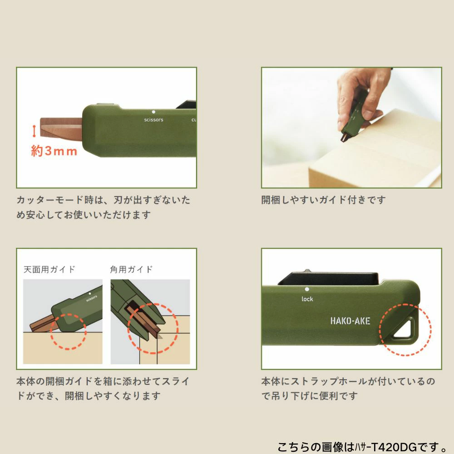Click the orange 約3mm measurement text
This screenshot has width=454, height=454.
pyautogui.click(x=54, y=151)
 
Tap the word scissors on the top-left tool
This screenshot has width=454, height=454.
pyautogui.click(x=153, y=119)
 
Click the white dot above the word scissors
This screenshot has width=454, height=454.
pyautogui.click(x=153, y=112)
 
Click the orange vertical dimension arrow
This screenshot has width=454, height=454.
pyautogui.click(x=34, y=131)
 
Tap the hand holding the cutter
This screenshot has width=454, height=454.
pyautogui.click(x=362, y=95)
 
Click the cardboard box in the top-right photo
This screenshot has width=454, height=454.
pyautogui.click(x=376, y=151)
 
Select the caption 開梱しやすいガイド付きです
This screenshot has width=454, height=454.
pyautogui.click(x=323, y=200)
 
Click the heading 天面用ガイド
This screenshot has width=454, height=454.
pyautogui.click(x=49, y=270)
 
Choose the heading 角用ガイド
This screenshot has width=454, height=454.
pyautogui.click(x=131, y=270)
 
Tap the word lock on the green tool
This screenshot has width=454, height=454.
pyautogui.click(x=307, y=299)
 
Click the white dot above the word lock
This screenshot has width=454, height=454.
pyautogui.click(x=307, y=289)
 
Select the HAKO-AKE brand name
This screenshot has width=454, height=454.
pyautogui.click(x=350, y=321)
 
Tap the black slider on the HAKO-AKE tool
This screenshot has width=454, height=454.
pyautogui.click(x=329, y=278)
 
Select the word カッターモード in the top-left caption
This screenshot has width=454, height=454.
pyautogui.click(x=49, y=200)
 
